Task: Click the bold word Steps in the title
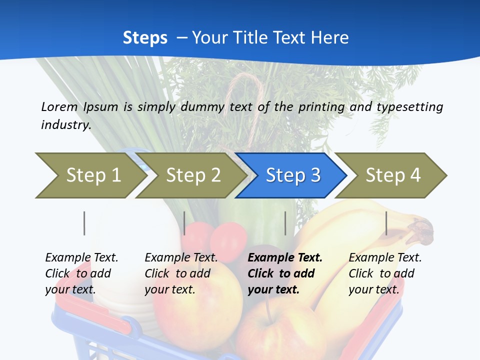coord(145,38)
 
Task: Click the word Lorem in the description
coord(59,106)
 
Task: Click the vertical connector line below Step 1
coord(84,223)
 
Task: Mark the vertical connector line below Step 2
coord(184,223)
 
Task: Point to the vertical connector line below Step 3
coord(285,223)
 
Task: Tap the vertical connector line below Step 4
coord(386,223)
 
